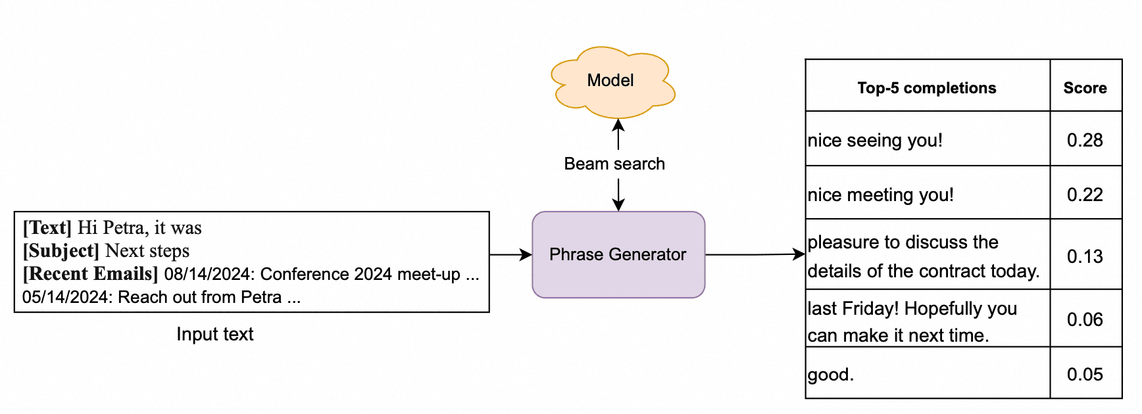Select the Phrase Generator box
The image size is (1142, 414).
tap(618, 254)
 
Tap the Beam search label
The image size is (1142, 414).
tap(614, 164)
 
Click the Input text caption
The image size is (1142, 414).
tap(214, 334)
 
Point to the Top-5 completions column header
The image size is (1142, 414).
tap(926, 88)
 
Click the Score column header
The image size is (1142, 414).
tap(1085, 88)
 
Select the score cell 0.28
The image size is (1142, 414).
tap(1085, 140)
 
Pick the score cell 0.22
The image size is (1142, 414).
tap(1085, 195)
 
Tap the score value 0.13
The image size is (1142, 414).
tap(1085, 256)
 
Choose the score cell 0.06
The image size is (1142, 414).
tap(1085, 319)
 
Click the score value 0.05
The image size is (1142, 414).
tap(1085, 374)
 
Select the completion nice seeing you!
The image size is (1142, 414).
tap(875, 140)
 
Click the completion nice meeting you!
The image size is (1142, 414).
tap(880, 195)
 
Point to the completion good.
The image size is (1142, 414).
tap(830, 375)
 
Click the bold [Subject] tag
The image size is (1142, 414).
tap(61, 250)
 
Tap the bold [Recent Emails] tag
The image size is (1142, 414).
tap(90, 273)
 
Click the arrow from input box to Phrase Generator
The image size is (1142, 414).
tap(510, 254)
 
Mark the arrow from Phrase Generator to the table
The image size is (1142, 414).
tap(755, 254)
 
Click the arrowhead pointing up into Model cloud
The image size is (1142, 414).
tap(618, 125)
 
